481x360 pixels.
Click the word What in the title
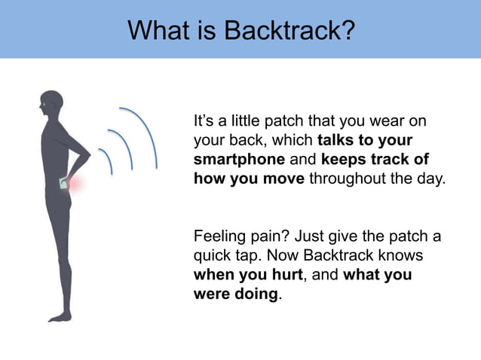pyautogui.click(x=155, y=31)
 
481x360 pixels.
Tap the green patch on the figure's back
pyautogui.click(x=63, y=183)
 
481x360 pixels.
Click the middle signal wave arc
pyautogui.click(x=123, y=151)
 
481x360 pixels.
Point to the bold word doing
pyautogui.click(x=256, y=294)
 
